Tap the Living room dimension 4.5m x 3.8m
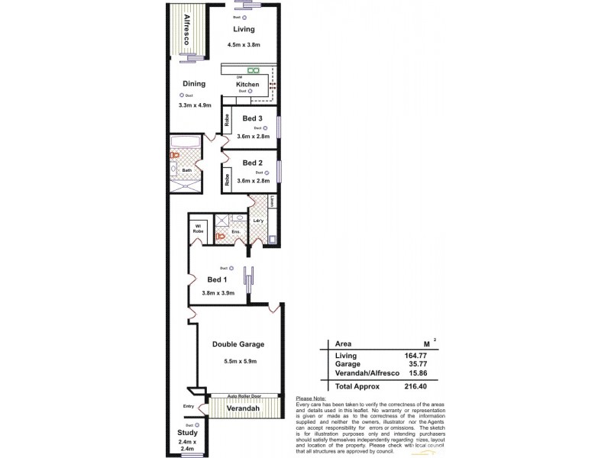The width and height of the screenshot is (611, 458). (x=244, y=46)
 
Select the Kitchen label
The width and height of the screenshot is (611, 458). (x=247, y=84)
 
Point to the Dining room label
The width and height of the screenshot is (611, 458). (x=194, y=84)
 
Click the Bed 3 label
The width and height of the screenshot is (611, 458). (x=253, y=118)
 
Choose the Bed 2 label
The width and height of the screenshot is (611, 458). (x=253, y=163)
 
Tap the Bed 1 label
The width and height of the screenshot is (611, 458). (x=218, y=279)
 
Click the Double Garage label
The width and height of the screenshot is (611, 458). (x=238, y=344)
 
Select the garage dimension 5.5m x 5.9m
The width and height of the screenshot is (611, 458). (x=238, y=361)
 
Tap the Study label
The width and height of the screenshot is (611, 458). (x=187, y=433)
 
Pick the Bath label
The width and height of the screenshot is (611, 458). (x=186, y=169)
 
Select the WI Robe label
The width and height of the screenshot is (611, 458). (x=198, y=228)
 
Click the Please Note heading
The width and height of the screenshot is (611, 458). (x=309, y=398)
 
